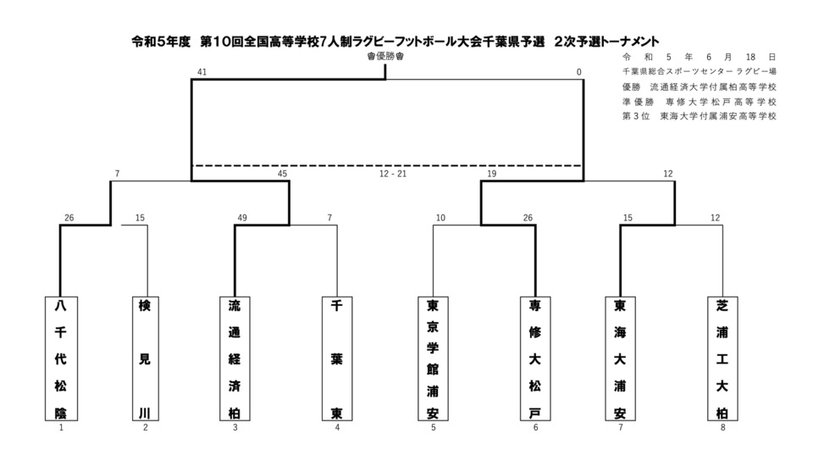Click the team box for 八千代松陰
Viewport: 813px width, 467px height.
pyautogui.click(x=61, y=358)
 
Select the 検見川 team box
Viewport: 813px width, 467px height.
pyautogui.click(x=146, y=358)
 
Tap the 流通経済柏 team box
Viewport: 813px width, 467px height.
pyautogui.click(x=234, y=358)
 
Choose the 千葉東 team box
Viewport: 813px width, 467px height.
pyautogui.click(x=336, y=358)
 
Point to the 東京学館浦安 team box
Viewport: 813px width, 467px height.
pyautogui.click(x=433, y=358)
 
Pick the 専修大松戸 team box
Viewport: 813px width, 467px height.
pyautogui.click(x=535, y=358)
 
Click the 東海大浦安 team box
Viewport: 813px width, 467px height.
pyautogui.click(x=621, y=358)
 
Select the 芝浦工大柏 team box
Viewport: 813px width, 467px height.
pyautogui.click(x=722, y=358)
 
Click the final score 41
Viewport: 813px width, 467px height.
pyautogui.click(x=202, y=73)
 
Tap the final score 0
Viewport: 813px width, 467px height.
pyautogui.click(x=579, y=73)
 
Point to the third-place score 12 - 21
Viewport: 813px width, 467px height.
pyautogui.click(x=393, y=174)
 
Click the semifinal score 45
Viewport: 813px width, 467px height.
pyautogui.click(x=282, y=174)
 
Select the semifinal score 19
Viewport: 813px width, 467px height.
pyautogui.click(x=491, y=174)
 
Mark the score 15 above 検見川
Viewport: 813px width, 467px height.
pyautogui.click(x=140, y=218)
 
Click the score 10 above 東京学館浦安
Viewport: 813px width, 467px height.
pyautogui.click(x=440, y=218)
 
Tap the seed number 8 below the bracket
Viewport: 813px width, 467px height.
pyautogui.click(x=722, y=427)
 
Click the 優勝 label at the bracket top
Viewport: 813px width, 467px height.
pyautogui.click(x=385, y=56)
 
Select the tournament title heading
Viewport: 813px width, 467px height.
pyautogui.click(x=395, y=40)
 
